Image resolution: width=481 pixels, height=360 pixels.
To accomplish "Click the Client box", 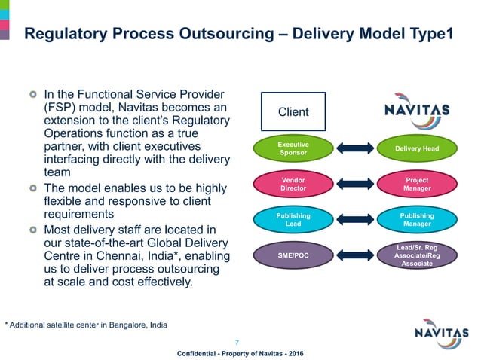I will click(293, 112).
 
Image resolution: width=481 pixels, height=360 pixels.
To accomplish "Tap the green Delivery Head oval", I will click(417, 148).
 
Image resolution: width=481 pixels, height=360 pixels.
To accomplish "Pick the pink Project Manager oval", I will click(417, 184).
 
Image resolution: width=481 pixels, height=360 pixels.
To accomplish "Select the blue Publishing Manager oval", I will click(417, 220).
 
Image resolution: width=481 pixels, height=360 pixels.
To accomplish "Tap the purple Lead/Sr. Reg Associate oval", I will click(417, 256).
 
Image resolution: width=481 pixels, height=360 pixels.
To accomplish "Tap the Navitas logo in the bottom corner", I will click(444, 332).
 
